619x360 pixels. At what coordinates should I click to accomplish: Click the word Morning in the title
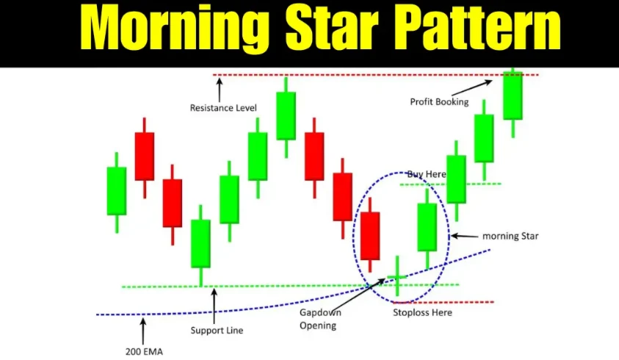[175, 29]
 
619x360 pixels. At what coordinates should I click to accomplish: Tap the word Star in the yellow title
[333, 28]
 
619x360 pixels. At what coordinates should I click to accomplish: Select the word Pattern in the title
[479, 28]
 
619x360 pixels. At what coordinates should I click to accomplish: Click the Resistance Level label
[223, 108]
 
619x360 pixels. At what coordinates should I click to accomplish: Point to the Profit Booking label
[439, 102]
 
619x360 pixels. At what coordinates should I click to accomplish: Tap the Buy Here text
[427, 174]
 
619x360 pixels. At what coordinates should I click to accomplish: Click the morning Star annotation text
[510, 236]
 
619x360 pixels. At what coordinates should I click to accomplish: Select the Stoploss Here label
[422, 312]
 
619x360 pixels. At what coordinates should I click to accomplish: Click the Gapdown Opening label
[320, 319]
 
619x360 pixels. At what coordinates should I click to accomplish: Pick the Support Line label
[217, 331]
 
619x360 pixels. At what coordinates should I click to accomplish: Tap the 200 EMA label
[144, 351]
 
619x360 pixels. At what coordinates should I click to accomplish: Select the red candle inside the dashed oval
[370, 235]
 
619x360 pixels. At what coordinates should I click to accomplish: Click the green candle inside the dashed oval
[427, 228]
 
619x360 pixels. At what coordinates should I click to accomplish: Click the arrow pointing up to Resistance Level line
[219, 90]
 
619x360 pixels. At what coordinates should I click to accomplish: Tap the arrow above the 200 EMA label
[143, 331]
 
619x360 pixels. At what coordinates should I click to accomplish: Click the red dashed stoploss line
[444, 302]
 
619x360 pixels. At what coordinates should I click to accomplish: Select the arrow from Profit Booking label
[472, 87]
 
